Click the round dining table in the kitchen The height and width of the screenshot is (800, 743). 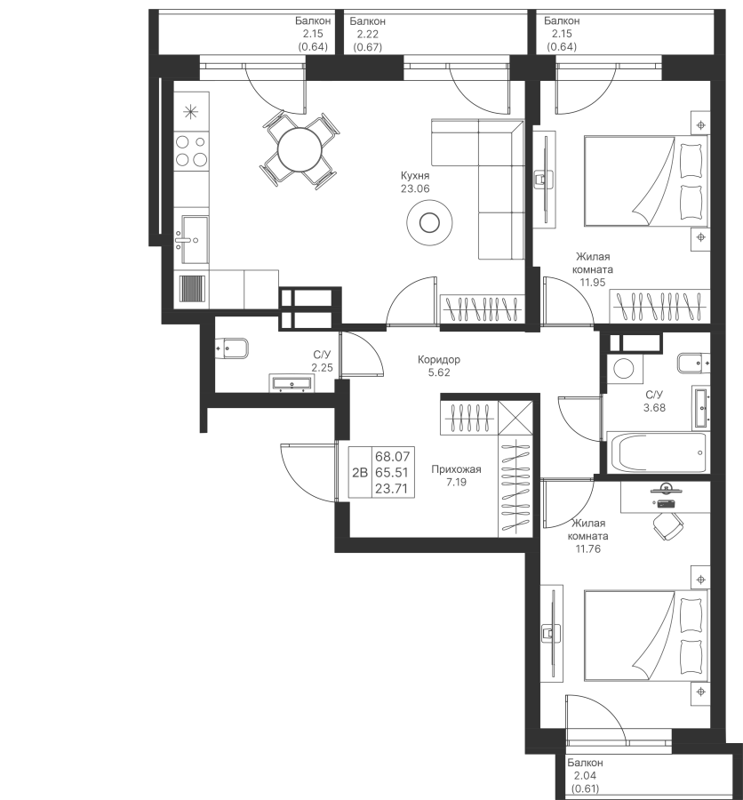[x=300, y=150]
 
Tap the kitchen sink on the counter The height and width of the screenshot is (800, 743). [x=191, y=239]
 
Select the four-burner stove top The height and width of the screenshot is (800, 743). [x=191, y=151]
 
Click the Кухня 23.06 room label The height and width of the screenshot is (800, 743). [x=415, y=182]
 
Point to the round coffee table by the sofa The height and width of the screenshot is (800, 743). [x=429, y=222]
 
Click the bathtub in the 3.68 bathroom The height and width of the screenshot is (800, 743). [x=656, y=452]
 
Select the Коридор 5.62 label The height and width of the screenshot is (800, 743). [x=439, y=366]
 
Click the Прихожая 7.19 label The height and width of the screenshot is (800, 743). [x=456, y=476]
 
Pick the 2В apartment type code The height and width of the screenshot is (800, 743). [x=360, y=473]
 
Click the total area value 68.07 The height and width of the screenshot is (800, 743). [x=391, y=456]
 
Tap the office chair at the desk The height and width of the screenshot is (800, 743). [x=667, y=525]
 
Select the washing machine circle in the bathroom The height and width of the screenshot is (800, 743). [x=624, y=368]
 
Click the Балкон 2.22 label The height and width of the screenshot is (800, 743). [x=367, y=34]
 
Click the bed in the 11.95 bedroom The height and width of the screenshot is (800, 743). [x=645, y=180]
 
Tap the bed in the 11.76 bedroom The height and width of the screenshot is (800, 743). [x=645, y=636]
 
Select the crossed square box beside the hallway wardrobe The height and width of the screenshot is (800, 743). [x=515, y=417]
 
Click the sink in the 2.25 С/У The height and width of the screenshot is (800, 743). [x=292, y=382]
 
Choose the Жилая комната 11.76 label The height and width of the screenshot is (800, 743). [x=588, y=536]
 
